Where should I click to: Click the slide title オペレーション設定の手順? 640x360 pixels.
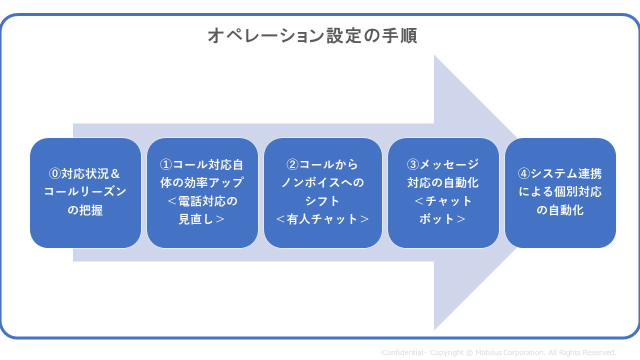coord(312,35)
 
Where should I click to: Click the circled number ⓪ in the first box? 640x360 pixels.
coord(55,173)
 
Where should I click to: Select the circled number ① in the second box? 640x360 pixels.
coord(166,164)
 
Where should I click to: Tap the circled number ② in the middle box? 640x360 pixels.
coord(292,164)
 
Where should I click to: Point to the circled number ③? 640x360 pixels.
coord(413,164)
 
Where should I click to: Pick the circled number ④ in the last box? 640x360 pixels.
coord(524,173)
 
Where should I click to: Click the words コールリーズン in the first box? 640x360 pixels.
coord(85,191)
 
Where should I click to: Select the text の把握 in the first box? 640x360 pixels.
coord(85,210)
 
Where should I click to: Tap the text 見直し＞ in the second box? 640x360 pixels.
coord(202,219)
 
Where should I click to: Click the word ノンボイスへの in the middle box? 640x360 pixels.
coord(323,182)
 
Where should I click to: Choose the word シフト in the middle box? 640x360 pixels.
coord(322,201)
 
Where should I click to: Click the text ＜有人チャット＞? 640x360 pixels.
coord(323,219)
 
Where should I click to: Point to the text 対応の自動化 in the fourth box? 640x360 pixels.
coord(443,182)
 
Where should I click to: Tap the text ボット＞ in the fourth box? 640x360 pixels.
coord(443,219)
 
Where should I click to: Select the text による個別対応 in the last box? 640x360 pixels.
coord(560,191)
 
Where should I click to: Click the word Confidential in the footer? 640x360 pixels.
coord(403,352)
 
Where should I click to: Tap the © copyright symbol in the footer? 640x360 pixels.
coord(469,353)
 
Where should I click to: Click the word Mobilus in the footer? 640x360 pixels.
coord(488,352)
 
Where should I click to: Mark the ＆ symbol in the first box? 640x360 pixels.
coord(115,173)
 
